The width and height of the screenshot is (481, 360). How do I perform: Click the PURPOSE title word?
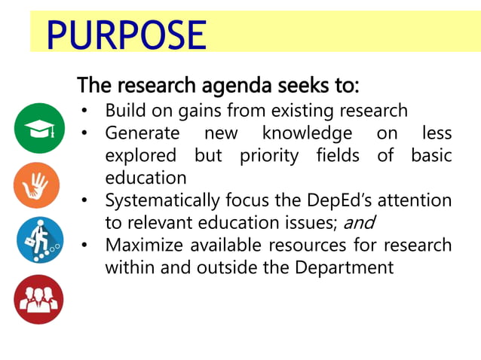[126, 35]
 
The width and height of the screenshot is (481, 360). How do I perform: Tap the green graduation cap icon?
[39, 128]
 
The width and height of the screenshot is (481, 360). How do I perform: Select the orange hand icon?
[36, 185]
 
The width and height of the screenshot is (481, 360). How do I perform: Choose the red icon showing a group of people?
[38, 300]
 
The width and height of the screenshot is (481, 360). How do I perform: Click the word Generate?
[142, 134]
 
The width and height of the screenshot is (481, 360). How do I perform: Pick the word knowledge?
[307, 134]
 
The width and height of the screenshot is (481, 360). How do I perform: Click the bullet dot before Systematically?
[86, 201]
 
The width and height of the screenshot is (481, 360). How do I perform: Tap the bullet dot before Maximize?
[86, 246]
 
